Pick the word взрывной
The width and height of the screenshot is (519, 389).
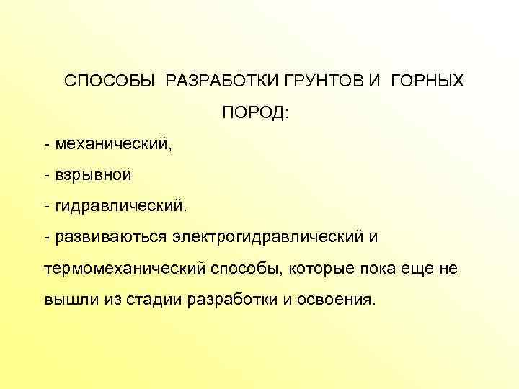tap(92, 174)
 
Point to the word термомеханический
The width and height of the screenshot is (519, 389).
tap(125, 268)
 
